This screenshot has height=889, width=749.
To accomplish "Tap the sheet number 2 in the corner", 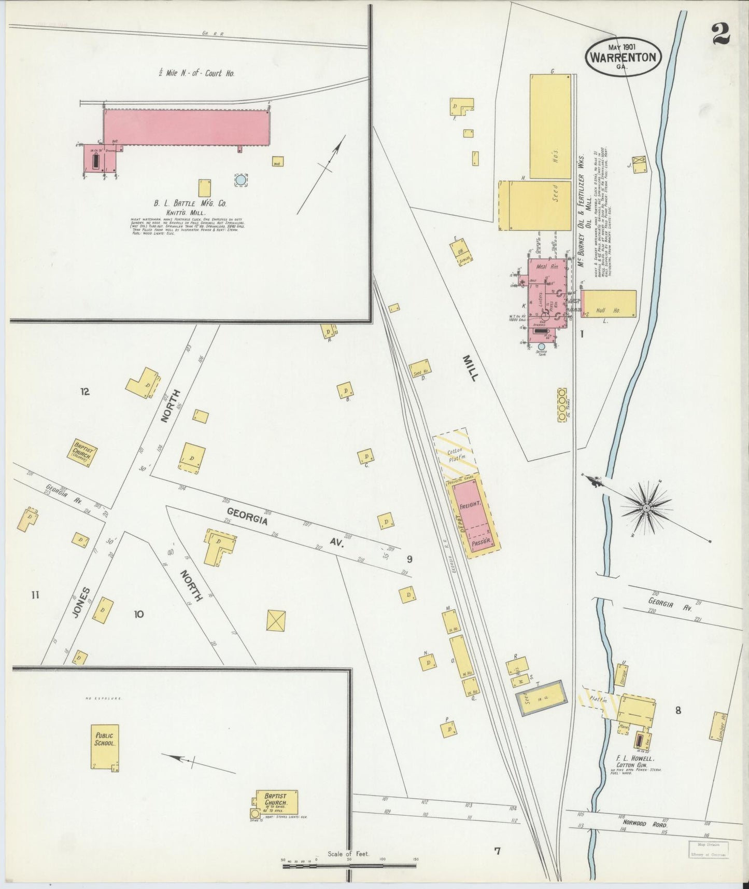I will (720, 35).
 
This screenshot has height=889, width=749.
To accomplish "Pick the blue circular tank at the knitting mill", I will (241, 180).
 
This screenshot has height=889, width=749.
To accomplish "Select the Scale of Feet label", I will (348, 853).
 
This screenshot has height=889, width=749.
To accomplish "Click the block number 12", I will (84, 392).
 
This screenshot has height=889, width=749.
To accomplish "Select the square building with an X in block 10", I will (276, 620).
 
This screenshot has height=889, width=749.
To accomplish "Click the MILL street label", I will (470, 368).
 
